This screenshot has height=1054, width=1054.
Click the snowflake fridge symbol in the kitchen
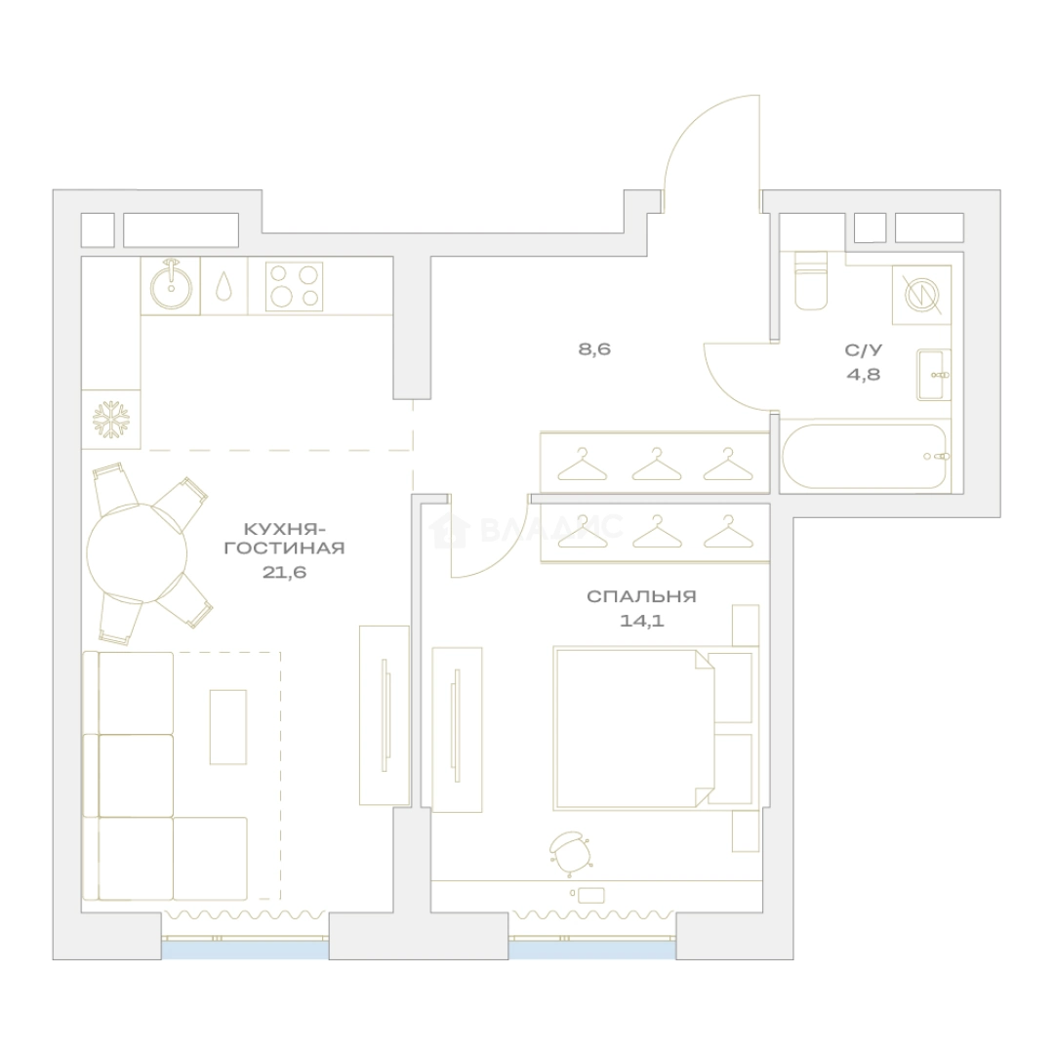(110, 420)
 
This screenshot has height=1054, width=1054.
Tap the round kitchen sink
(171, 286)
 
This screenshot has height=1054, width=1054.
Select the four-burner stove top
(294, 286)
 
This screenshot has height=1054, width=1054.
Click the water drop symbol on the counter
(223, 287)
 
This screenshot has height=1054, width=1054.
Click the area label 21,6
(285, 572)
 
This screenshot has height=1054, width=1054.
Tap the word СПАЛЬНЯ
(642, 596)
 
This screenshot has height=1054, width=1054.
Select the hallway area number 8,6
(595, 349)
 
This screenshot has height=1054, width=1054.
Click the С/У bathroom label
(864, 350)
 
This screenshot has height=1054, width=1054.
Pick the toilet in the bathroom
(811, 280)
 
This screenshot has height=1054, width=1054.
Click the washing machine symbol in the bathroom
(921, 295)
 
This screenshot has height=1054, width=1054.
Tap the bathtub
(865, 456)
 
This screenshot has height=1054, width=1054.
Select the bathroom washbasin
(934, 375)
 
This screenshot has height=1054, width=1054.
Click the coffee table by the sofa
(227, 727)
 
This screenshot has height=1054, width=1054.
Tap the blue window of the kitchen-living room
(245, 950)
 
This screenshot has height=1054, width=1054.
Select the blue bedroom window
(592, 950)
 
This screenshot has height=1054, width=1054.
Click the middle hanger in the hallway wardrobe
(657, 464)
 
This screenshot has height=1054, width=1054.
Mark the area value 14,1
(642, 620)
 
